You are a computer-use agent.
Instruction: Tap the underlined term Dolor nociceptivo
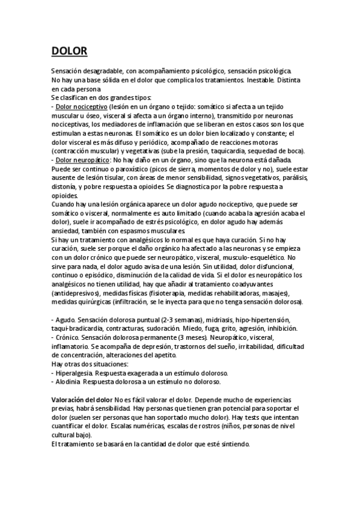coord(81,106)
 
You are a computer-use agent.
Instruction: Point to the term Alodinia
coord(69,382)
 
